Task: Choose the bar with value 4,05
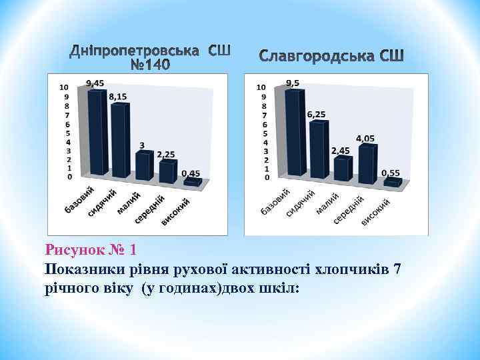(366, 163)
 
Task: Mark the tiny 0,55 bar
(392, 181)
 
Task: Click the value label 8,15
(117, 97)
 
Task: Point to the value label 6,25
(316, 115)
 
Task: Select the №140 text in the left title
(150, 65)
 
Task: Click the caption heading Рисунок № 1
(91, 251)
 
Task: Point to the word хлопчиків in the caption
(349, 269)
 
